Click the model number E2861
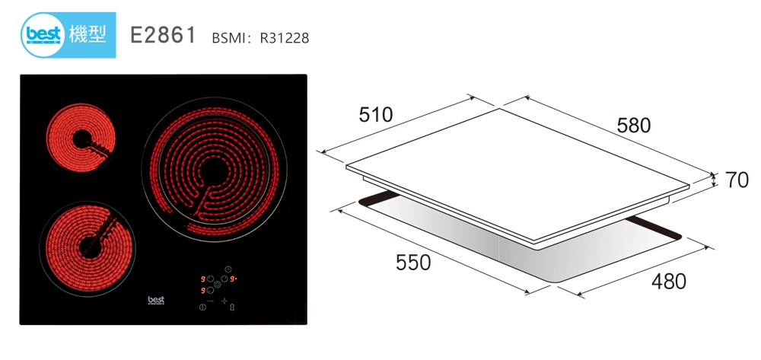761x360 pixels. tap(163, 36)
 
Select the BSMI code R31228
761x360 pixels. tap(285, 38)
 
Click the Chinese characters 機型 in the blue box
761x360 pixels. tap(88, 33)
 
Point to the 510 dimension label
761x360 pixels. tap(376, 114)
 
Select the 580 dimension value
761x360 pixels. tap(633, 125)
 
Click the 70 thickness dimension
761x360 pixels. tap(737, 180)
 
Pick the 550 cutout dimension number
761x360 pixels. tap(413, 263)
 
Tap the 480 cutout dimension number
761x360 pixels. tap(669, 282)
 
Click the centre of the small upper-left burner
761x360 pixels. tap(81, 139)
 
